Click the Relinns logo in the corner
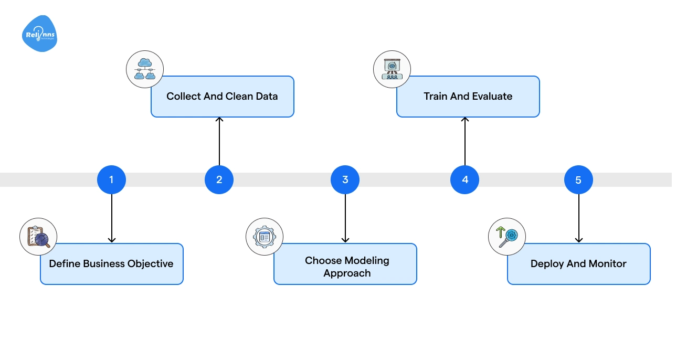pos(39,34)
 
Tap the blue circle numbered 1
pos(111,179)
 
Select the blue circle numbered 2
pos(219,179)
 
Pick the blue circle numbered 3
pos(345,179)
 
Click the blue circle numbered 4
pos(464,179)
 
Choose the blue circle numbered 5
pos(578,180)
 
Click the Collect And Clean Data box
pos(222,97)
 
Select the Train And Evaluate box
pos(468,97)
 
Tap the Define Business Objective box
pos(111,264)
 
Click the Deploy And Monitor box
pos(578,264)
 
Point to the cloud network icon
pos(145,69)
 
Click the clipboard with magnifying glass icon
pos(38,237)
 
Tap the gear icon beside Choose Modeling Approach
pos(265,237)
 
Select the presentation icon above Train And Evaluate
pos(392,69)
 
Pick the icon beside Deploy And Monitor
pos(507,237)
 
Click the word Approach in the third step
pos(347,273)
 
